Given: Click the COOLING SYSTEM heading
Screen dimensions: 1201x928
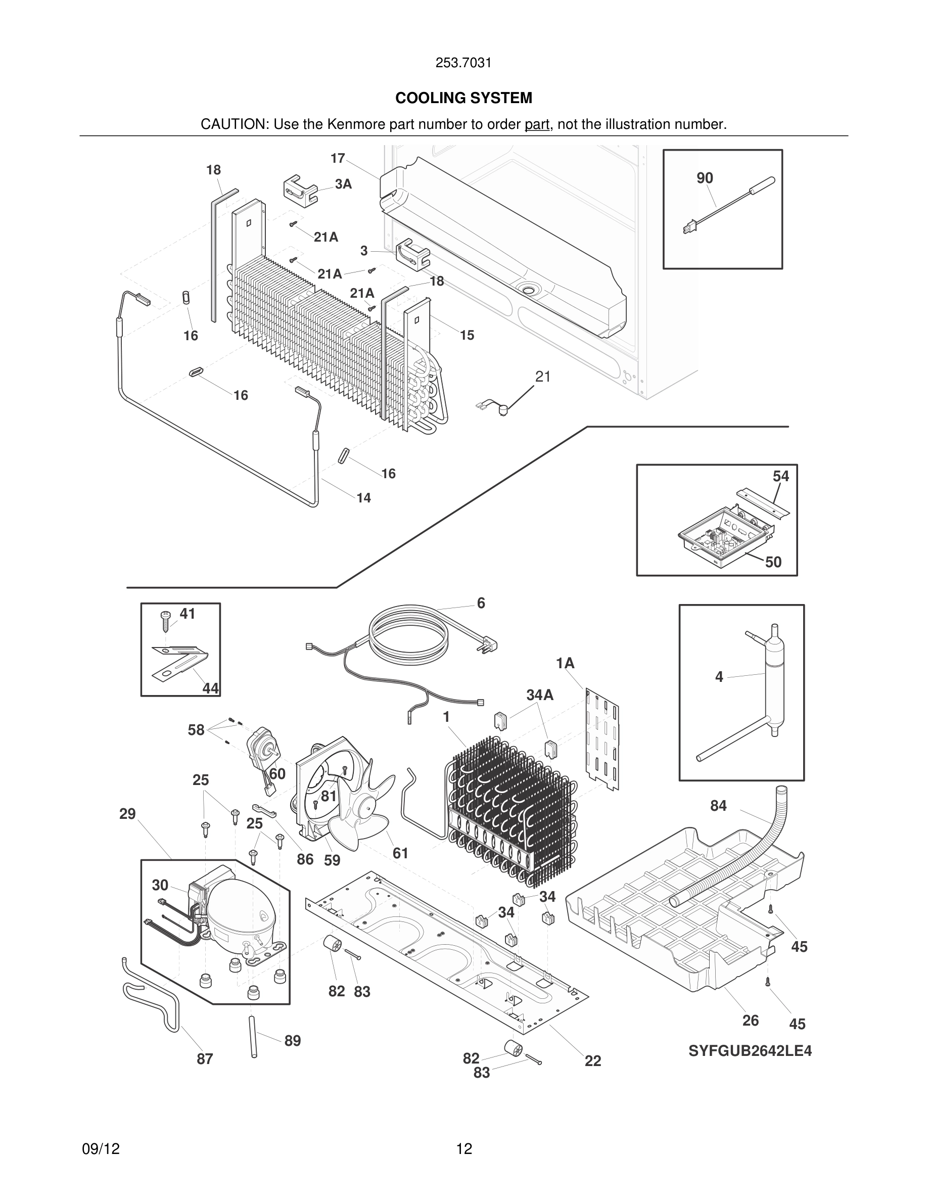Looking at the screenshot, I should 463,98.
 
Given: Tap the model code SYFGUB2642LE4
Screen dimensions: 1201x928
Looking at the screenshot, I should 750,1051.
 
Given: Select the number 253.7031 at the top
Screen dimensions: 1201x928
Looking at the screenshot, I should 463,63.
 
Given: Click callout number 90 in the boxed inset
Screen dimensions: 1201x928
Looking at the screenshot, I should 704,177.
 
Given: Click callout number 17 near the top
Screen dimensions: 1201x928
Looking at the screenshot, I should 337,158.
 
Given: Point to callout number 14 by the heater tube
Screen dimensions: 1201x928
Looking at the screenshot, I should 363,498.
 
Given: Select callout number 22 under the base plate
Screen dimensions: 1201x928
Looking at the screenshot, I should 593,1061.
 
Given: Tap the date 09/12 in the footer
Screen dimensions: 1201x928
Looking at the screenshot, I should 101,1149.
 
